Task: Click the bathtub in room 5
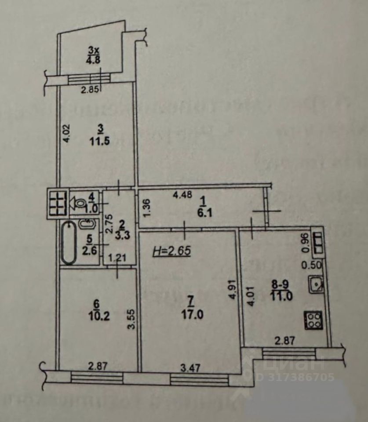[68, 243]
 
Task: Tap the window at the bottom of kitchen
[288, 352]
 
